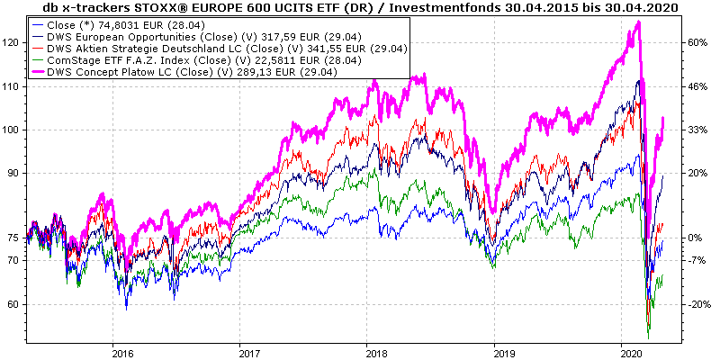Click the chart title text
[x=360, y=8]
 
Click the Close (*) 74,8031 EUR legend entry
[x=127, y=26]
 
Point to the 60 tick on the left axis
[x=14, y=305]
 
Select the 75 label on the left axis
[x=14, y=238]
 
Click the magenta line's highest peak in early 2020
[x=637, y=22]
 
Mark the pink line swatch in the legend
[x=36, y=73]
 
